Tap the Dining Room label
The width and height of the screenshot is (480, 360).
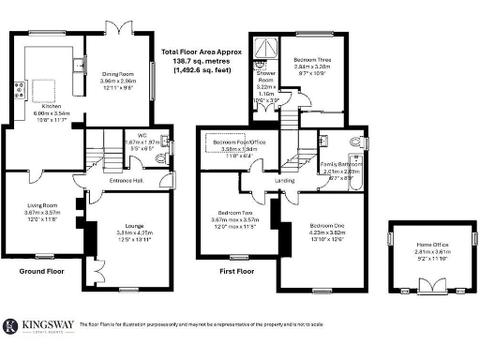click(119, 77)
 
